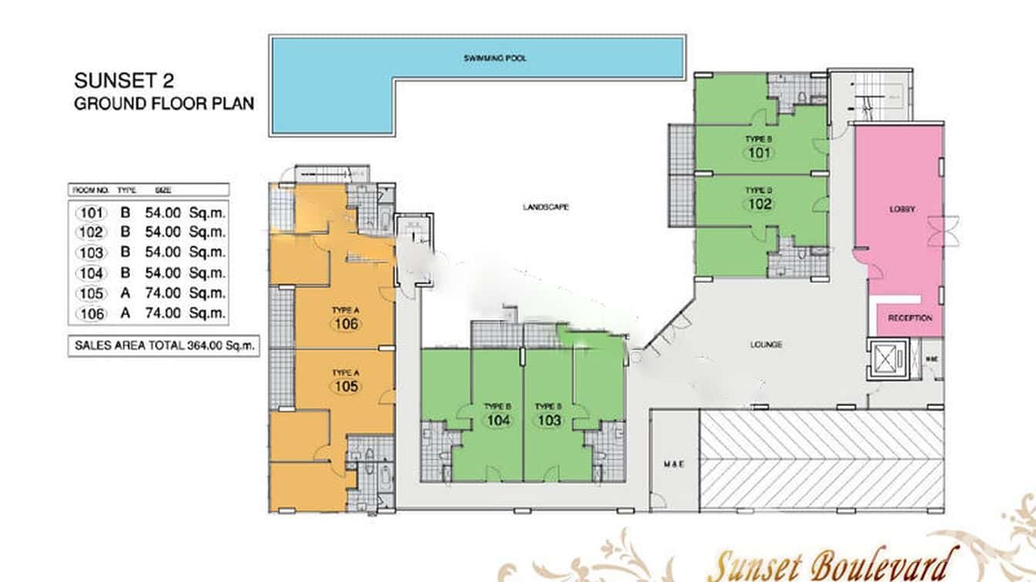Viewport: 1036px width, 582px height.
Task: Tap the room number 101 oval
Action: (760, 152)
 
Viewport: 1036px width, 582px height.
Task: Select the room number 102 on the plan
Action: (760, 204)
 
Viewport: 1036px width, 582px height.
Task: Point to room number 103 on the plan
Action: (549, 420)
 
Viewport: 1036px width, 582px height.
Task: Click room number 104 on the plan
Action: (498, 420)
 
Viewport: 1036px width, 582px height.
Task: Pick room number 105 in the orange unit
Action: (347, 386)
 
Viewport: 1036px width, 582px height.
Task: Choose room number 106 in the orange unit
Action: (347, 323)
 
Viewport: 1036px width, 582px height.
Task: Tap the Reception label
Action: (909, 318)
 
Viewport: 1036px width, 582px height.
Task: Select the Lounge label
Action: (766, 344)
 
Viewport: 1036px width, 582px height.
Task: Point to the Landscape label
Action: (545, 207)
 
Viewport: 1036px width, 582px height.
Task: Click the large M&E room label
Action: (673, 464)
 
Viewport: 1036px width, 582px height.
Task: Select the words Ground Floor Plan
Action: (164, 103)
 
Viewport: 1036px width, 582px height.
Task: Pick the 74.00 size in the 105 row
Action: (162, 293)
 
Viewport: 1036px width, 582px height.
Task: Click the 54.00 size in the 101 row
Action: (162, 211)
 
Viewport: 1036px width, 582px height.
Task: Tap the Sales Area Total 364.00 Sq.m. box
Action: (163, 346)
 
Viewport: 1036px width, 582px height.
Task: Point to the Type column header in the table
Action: (125, 189)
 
